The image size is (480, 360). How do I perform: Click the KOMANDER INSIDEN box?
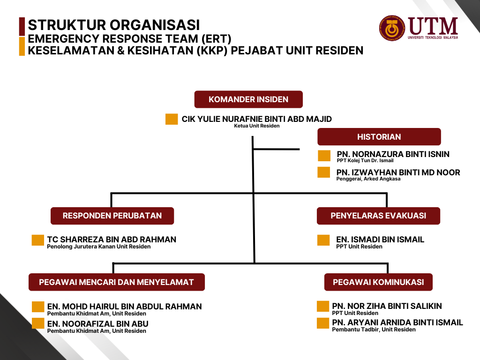point(248,99)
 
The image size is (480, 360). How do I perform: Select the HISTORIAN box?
point(379,136)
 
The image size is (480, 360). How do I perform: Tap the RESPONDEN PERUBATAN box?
point(112,216)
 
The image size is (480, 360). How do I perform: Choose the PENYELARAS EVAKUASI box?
point(378,216)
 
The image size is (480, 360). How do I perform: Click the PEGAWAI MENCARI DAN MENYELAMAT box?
point(117,282)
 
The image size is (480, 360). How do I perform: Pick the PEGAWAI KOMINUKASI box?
point(378,282)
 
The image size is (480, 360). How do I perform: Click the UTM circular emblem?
point(392,28)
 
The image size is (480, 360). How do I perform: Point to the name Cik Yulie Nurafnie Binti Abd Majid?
point(256,119)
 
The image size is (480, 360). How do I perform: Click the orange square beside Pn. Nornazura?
point(324,156)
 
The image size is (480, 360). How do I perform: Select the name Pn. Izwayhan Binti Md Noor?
point(398,172)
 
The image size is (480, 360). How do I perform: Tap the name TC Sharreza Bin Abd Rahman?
point(112,240)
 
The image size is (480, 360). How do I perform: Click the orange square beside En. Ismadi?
point(323,240)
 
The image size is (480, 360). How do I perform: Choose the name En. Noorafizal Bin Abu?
point(97,323)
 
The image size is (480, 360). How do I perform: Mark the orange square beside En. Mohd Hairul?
point(38,307)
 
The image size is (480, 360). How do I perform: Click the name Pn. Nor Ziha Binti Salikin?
point(387,306)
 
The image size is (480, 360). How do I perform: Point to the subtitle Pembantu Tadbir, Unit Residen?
point(374,330)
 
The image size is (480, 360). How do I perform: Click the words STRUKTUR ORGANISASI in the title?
point(114,25)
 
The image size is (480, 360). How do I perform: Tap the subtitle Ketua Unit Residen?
point(256,126)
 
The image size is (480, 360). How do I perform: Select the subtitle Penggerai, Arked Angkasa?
point(368,179)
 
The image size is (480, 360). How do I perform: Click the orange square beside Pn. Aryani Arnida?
point(323,323)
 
